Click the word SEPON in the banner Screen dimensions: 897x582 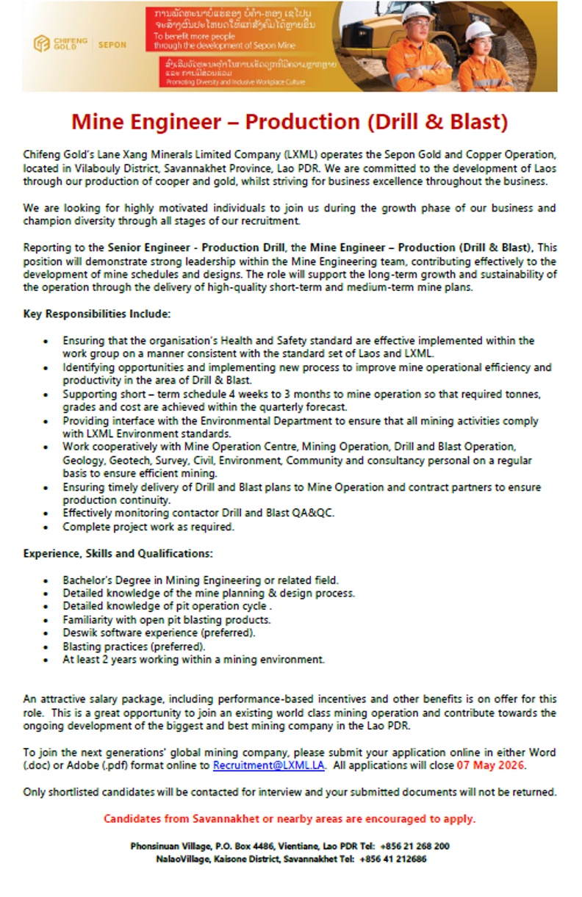coord(112,45)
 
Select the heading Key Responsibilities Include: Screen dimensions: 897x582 coord(97,314)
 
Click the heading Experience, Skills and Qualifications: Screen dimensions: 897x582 coord(118,552)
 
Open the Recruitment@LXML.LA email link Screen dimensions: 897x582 coord(268,765)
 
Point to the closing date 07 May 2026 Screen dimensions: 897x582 coord(490,765)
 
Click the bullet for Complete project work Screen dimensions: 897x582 coord(46,527)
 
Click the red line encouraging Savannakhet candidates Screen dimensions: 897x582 coord(290,818)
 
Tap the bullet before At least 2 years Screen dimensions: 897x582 coord(46,659)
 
